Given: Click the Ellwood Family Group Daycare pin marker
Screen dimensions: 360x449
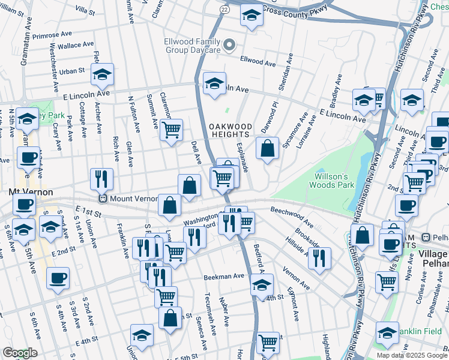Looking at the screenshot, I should click(229, 45).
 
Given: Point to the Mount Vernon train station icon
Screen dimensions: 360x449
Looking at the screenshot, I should click(103, 199).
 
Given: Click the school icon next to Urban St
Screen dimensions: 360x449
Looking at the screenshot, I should click(103, 74).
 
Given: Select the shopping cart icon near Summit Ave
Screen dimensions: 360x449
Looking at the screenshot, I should click(172, 130).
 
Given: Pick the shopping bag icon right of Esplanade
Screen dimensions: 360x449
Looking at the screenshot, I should click(267, 148).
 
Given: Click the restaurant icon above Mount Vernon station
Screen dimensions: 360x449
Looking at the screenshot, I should click(101, 179).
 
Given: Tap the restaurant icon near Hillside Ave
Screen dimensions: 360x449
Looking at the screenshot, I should click(319, 258).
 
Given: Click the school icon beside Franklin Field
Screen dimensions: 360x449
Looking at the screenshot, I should click(387, 333).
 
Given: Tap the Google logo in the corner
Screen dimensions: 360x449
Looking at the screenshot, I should click(20, 353).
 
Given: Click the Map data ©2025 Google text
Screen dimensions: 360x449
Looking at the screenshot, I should click(411, 355).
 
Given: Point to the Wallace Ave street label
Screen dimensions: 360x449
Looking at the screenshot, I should click(76, 45).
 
